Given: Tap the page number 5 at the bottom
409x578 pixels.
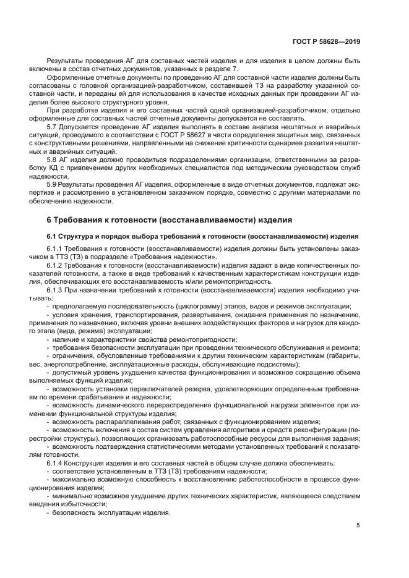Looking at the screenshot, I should pyautogui.click(x=358, y=526).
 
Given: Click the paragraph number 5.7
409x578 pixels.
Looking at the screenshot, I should pyautogui.click(x=53, y=125).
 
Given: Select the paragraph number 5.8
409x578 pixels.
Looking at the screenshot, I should pyautogui.click(x=53, y=159).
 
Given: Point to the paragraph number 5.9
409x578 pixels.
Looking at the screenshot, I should pyautogui.click(x=53, y=184).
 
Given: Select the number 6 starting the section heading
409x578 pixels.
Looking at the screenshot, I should pyautogui.click(x=50, y=219).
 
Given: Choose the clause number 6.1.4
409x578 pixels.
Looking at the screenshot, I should pyautogui.click(x=56, y=462).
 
